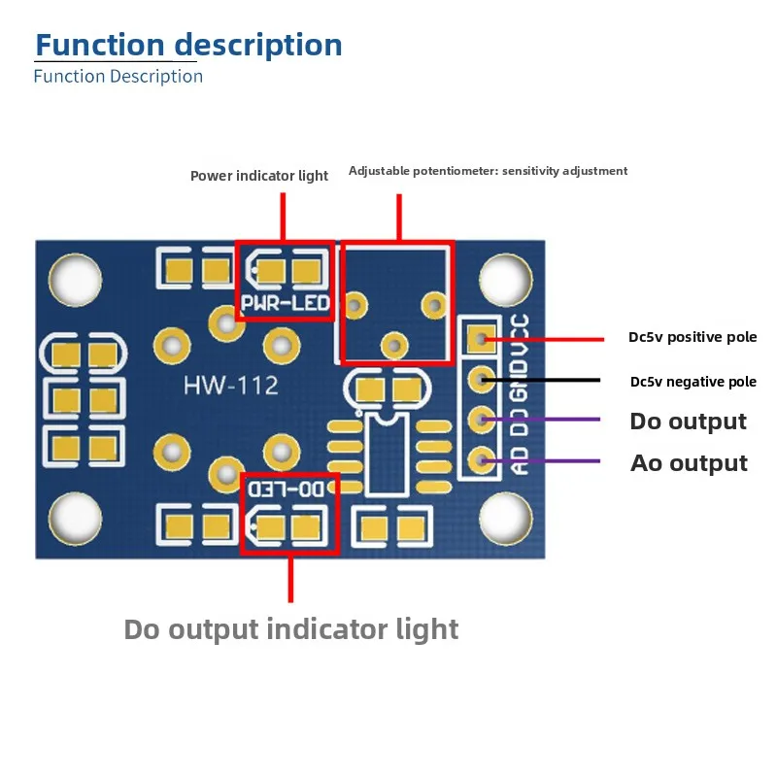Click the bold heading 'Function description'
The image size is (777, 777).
pos(188,45)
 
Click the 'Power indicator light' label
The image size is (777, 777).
pos(259,176)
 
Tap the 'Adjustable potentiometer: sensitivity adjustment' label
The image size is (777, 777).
pos(489,171)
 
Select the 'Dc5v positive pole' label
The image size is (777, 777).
pos(693,337)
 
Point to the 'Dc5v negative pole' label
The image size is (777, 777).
pos(693,382)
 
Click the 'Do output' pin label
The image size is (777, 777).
pos(688,422)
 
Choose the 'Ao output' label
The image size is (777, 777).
pos(689,463)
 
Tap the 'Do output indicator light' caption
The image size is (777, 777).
pos(290,630)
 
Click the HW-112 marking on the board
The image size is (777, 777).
pos(230,386)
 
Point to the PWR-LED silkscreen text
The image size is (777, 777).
pos(286,303)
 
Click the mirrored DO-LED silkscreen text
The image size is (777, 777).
pos(287,490)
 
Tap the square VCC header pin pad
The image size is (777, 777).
pos(481,339)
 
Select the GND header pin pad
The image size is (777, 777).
pos(481,380)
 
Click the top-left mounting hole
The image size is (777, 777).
pos(76,280)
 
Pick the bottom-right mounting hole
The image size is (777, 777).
pos(505,519)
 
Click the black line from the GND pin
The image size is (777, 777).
pos(541,380)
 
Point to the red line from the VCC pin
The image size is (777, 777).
pos(544,339)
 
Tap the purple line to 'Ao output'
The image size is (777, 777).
pos(541,460)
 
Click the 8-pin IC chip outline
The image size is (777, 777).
pos(387,456)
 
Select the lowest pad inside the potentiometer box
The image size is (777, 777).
pos(394,346)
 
